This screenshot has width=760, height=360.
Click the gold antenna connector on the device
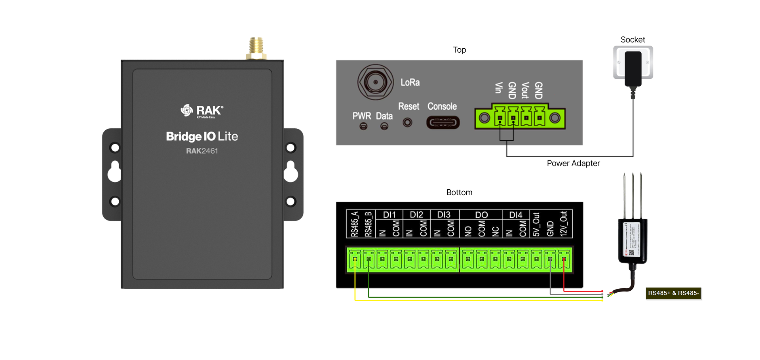click(x=256, y=48)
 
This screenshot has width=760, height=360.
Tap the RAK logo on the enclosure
click(x=202, y=111)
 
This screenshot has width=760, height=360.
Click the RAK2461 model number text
click(x=202, y=151)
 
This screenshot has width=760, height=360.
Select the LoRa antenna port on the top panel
click(x=375, y=82)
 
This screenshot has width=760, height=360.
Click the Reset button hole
click(x=407, y=122)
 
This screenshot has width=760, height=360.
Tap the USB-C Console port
click(x=443, y=122)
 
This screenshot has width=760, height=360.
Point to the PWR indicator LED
click(x=363, y=126)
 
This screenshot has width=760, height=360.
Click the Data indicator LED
click(x=384, y=126)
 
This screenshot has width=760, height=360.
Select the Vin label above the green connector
click(x=499, y=88)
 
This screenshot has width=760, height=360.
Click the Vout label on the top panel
click(x=525, y=90)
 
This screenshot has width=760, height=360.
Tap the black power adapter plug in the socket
click(x=633, y=69)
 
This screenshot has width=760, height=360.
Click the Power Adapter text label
click(x=573, y=164)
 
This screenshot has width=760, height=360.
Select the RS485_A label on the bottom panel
click(x=354, y=224)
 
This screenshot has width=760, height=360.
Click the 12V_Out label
click(x=563, y=224)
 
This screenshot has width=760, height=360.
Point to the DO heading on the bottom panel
click(x=481, y=215)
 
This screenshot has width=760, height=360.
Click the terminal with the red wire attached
click(x=564, y=259)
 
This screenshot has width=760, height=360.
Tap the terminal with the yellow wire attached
click(x=355, y=259)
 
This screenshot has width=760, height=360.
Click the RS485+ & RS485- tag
click(x=673, y=293)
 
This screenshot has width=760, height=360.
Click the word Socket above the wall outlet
click(x=633, y=40)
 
